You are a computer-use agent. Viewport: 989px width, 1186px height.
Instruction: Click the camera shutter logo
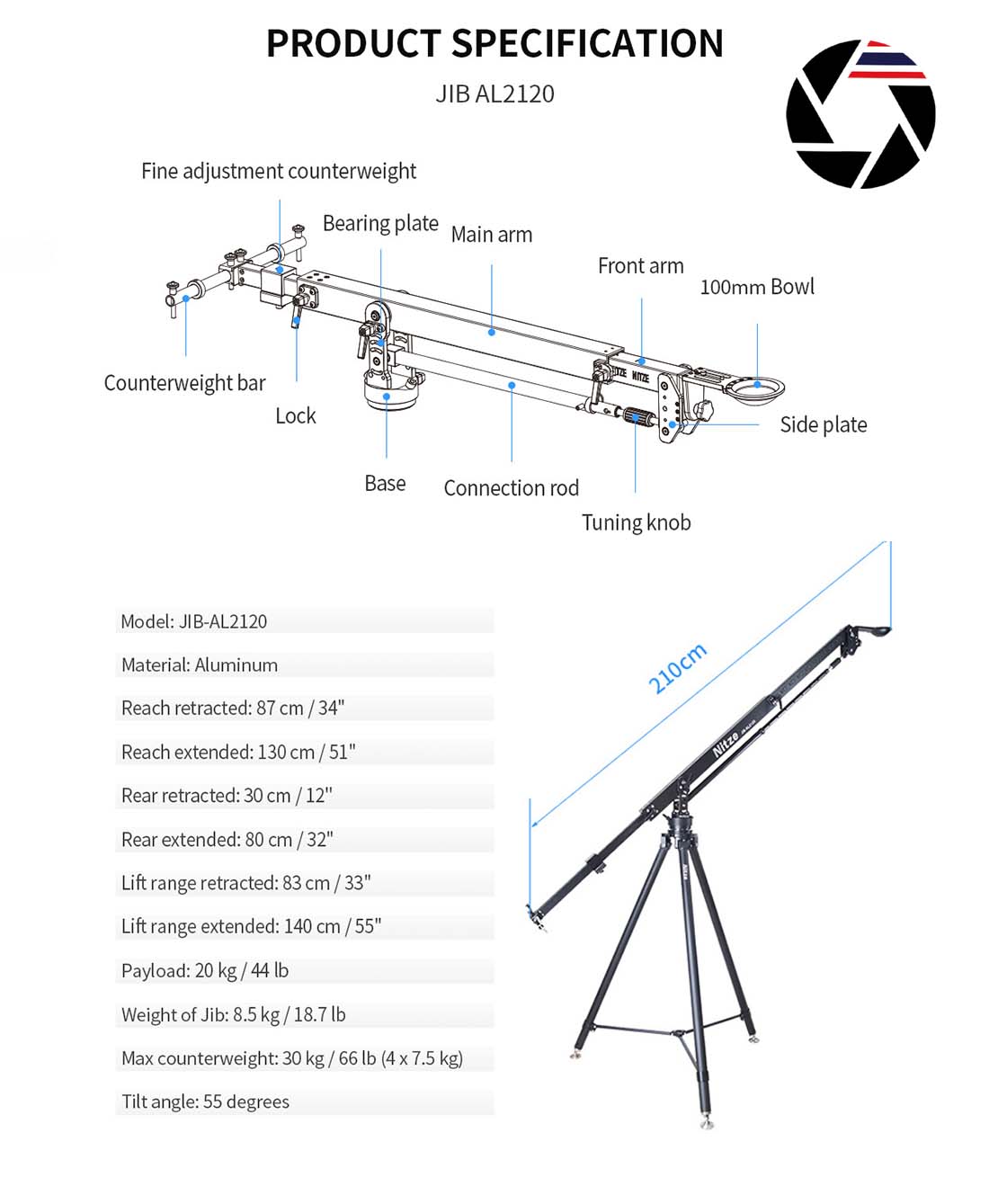coord(860,114)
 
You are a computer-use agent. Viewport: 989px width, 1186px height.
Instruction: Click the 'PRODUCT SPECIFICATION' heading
coord(494,44)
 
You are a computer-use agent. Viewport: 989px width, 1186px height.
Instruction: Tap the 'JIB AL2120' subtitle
coord(494,94)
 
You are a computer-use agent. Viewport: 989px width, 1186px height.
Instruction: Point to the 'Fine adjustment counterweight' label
coord(278,171)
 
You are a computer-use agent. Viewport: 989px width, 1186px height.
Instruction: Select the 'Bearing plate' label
coord(380,223)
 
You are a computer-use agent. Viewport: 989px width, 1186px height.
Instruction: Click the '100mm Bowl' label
coord(757,287)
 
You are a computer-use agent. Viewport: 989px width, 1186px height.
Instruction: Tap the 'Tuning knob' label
coord(636,522)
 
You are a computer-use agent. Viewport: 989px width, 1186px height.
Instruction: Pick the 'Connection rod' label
coord(511,488)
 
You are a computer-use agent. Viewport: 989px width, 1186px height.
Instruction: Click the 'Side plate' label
coord(823,424)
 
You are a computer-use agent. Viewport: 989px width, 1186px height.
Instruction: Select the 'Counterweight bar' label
coord(184,383)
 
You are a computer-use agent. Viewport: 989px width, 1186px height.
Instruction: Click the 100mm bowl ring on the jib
coord(756,388)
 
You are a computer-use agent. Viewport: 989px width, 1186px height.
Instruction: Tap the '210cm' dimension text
coord(677,668)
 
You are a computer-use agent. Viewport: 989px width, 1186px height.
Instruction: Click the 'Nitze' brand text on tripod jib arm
coord(725,744)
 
